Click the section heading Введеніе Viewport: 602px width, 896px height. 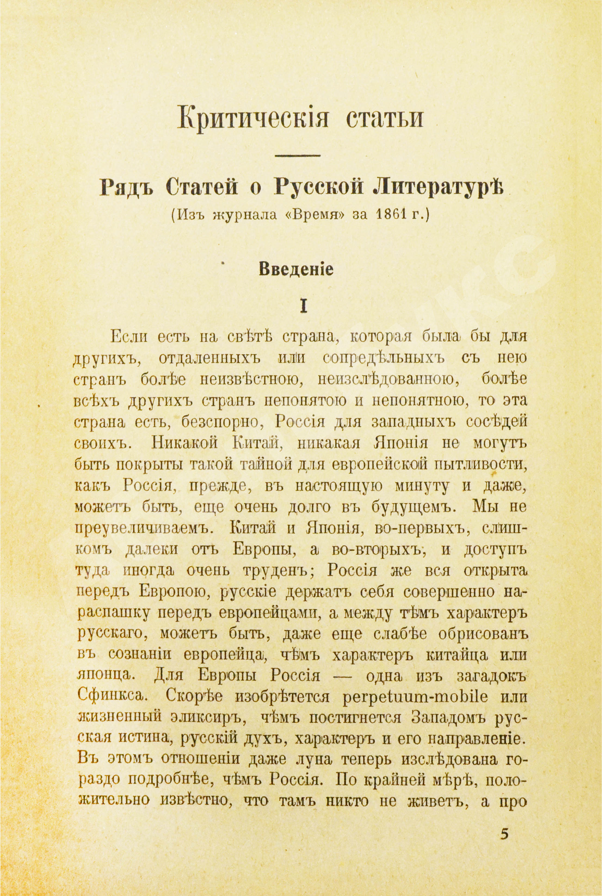coord(296,270)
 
